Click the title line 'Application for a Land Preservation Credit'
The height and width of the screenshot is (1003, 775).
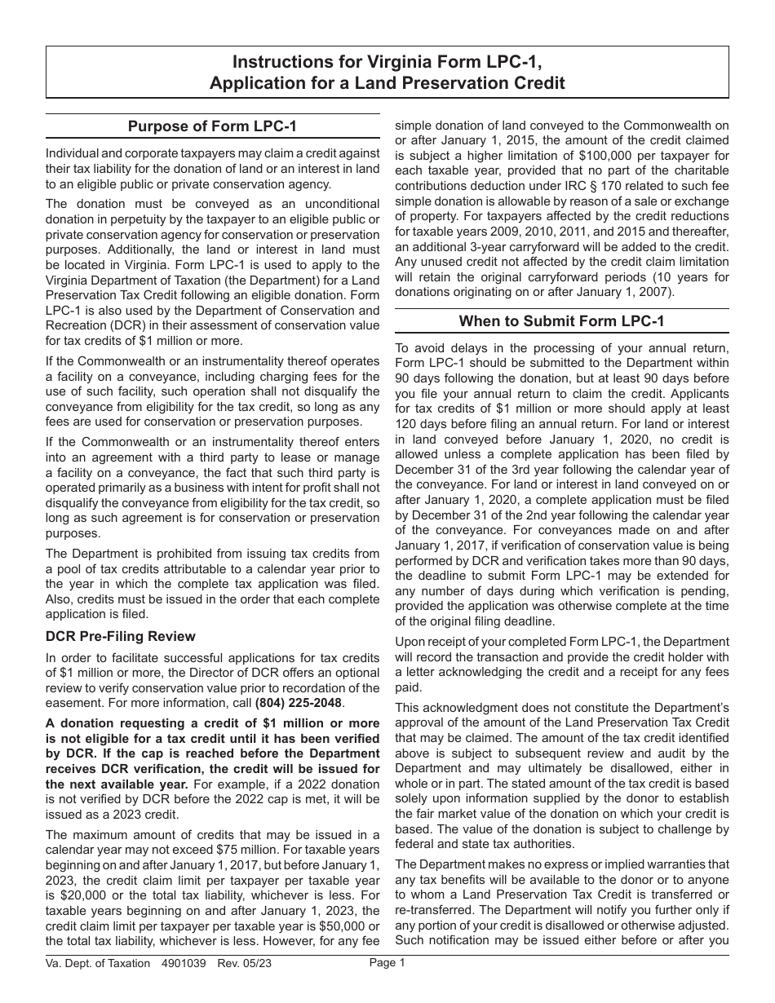[x=387, y=82]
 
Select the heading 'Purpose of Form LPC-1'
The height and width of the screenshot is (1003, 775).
[x=212, y=126]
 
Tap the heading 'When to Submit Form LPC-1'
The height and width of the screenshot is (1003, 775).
[x=561, y=320]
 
